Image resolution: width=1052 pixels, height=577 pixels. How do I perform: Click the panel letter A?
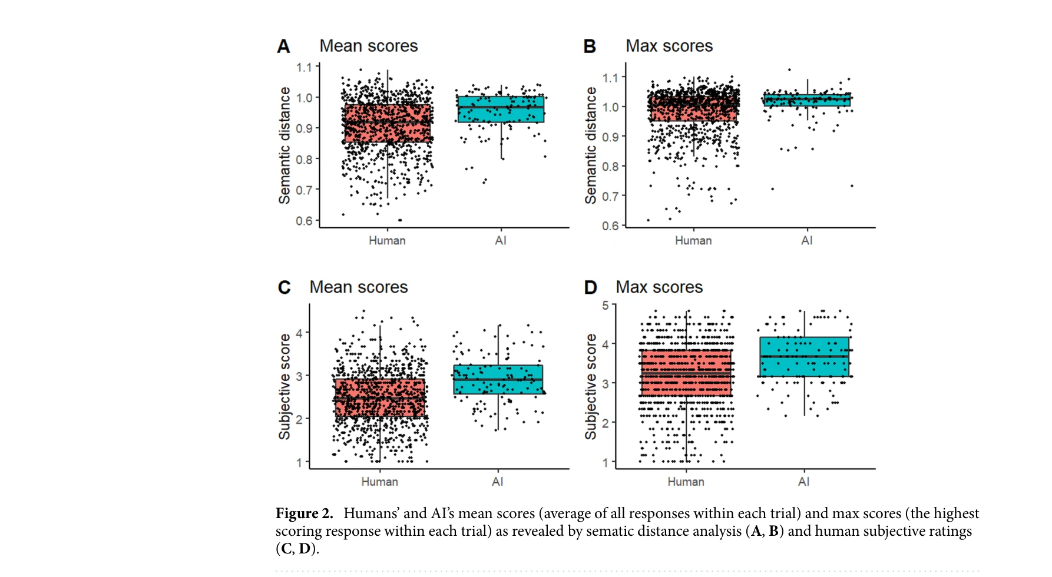coord(283,47)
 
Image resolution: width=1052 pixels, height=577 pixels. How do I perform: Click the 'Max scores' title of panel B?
coord(669,46)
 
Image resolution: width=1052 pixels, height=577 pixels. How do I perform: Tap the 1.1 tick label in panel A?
coord(303,67)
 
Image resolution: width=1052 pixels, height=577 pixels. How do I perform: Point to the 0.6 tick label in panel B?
coord(610,226)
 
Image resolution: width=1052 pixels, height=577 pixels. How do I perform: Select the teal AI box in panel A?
coord(501,110)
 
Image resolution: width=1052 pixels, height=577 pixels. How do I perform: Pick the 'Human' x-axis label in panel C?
coord(379,482)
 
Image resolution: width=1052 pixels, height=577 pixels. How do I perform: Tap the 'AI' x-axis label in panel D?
coord(803,482)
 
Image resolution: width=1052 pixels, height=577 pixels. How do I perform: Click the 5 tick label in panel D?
coord(605,305)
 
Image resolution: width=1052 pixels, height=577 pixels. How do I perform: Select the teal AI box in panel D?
coord(804,357)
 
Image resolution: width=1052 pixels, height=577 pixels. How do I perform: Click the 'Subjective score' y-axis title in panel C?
coord(284,386)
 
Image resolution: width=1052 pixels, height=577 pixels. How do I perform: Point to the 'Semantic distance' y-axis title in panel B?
coord(590,145)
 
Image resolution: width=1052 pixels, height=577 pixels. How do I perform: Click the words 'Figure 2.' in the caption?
coord(304,513)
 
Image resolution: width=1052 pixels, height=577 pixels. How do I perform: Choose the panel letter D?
coord(590,287)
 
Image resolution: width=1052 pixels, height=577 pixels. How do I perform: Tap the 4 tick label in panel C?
coord(299,333)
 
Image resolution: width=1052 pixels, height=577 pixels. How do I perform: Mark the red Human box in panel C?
coord(380,398)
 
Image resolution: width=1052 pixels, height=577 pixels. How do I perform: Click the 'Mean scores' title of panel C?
coord(358,287)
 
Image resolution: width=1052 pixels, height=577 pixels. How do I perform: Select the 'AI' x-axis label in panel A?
coord(501,240)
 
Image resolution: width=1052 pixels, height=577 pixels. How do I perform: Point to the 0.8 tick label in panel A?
coord(303,160)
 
